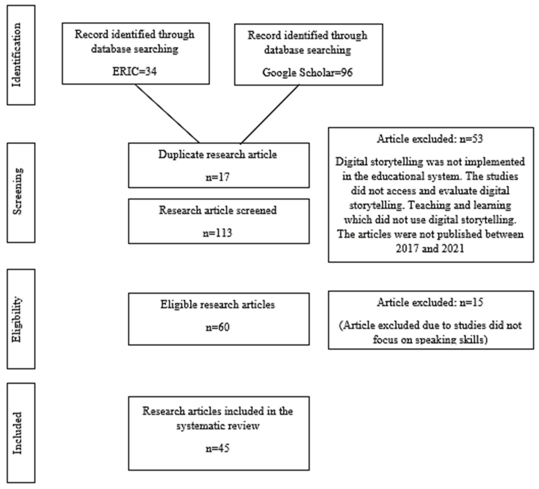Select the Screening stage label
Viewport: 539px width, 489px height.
click(18, 192)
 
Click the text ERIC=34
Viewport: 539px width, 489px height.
click(134, 72)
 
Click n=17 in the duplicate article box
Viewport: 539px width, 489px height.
click(218, 177)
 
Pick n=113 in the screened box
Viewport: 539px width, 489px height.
click(218, 233)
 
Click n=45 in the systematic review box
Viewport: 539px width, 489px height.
click(218, 448)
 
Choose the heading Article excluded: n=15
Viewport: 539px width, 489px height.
click(430, 303)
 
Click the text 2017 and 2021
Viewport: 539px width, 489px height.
click(430, 249)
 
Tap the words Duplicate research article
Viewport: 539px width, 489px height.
click(218, 155)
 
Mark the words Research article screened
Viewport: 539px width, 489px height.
click(218, 210)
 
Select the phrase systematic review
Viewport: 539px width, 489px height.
click(218, 426)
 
